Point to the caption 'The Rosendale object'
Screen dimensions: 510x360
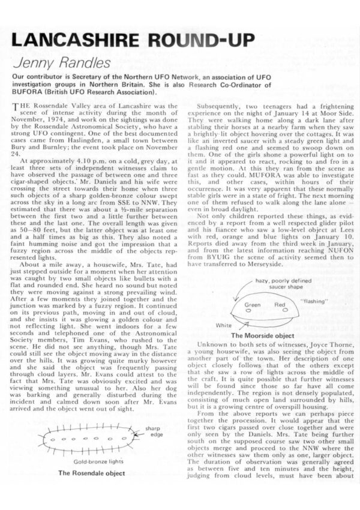[x=92, y=473]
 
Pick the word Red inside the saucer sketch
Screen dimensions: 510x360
[x=280, y=305]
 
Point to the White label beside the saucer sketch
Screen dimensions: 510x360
[x=223, y=325]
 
